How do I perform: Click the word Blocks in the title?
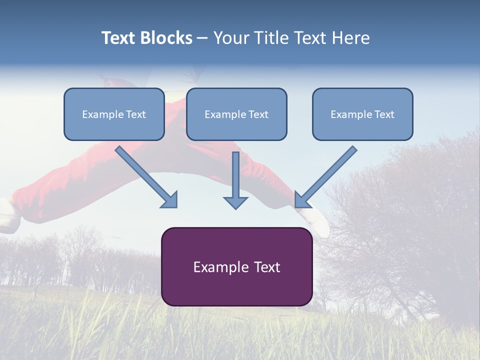click(166, 37)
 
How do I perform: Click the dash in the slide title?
click(202, 38)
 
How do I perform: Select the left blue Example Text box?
click(114, 114)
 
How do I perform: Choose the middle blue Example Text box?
click(236, 114)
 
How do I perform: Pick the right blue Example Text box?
click(363, 114)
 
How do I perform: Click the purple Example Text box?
click(237, 266)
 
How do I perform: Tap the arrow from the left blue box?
click(146, 177)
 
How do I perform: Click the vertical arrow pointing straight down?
click(235, 180)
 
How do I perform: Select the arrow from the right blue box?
click(325, 177)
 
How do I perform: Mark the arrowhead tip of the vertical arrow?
click(235, 209)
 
